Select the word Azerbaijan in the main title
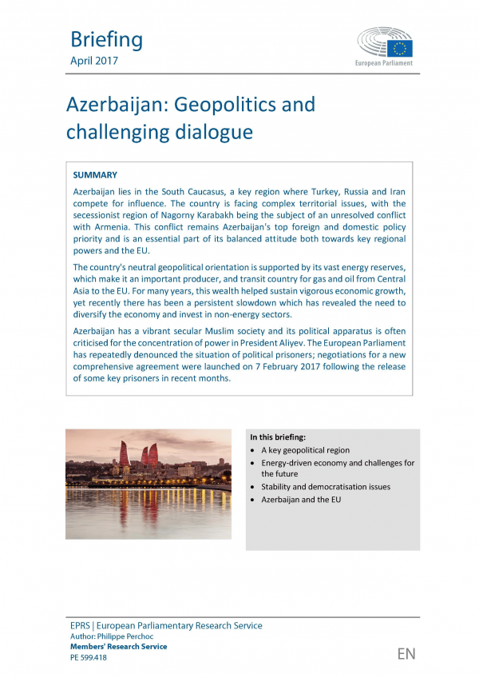tap(119, 104)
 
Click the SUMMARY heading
tap(95, 174)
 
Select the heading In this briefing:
tap(278, 437)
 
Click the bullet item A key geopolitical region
tap(305, 450)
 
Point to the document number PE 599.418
tap(89, 657)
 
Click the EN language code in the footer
tap(406, 654)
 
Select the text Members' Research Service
tap(119, 647)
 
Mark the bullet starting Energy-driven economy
tap(338, 463)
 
